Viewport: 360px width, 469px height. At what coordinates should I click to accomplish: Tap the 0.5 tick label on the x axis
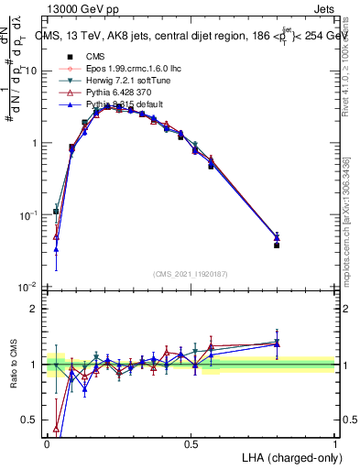tap(191, 442)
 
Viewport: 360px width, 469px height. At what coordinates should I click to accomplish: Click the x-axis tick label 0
tap(47, 442)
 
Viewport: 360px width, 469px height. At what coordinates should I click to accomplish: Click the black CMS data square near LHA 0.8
tap(277, 245)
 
